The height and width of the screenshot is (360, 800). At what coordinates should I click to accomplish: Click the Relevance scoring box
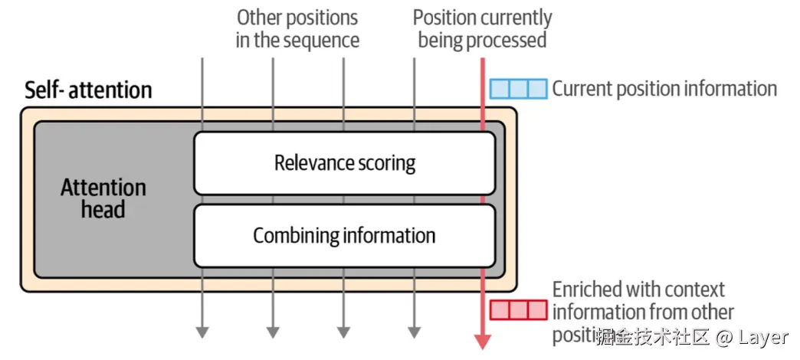[x=344, y=163]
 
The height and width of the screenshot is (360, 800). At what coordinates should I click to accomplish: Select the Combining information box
[x=344, y=235]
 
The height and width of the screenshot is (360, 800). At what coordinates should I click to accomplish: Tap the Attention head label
[x=103, y=198]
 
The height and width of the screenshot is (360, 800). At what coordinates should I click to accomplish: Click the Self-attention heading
[x=88, y=90]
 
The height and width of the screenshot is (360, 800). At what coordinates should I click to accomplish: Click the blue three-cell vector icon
[x=519, y=89]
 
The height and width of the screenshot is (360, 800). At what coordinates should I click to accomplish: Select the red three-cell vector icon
[x=519, y=310]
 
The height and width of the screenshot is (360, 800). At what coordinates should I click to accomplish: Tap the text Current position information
[x=664, y=89]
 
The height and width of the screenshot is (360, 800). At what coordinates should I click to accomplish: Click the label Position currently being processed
[x=482, y=28]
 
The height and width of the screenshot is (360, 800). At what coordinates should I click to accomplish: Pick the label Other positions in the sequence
[x=297, y=28]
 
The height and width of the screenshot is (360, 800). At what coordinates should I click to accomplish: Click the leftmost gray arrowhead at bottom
[x=202, y=332]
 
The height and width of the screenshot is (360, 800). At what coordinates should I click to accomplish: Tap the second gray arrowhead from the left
[x=272, y=332]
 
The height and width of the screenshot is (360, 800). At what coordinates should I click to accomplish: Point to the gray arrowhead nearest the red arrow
[x=414, y=332]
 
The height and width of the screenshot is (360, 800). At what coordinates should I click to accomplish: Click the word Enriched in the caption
[x=587, y=290]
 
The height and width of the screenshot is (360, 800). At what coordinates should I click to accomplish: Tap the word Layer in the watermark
[x=763, y=337]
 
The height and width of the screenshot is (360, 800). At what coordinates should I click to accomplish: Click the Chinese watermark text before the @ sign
[x=654, y=337]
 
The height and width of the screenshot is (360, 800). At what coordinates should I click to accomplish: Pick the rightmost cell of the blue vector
[x=538, y=89]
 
